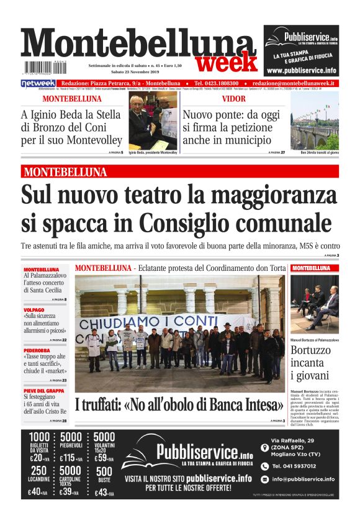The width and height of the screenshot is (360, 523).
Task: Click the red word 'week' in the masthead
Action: coord(226,62)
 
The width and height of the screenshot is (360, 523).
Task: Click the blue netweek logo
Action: coord(38,83)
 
